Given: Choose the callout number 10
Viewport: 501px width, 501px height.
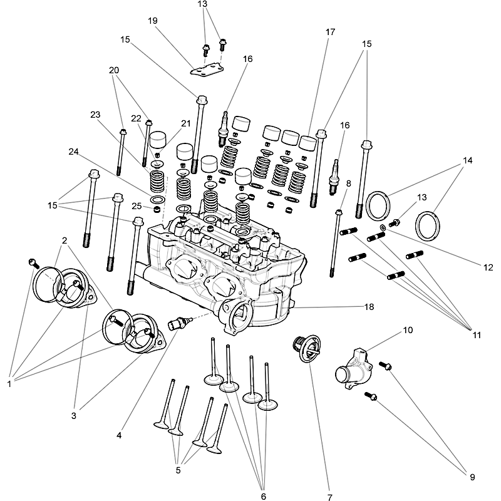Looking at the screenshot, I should [408, 329].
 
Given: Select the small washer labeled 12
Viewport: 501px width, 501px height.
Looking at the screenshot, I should [383, 225].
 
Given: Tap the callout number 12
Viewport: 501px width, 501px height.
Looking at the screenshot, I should [488, 267].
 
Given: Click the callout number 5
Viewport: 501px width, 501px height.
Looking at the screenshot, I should [178, 470].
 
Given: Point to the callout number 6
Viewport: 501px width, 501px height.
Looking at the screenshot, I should [263, 497].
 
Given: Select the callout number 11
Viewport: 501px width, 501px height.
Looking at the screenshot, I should [477, 336].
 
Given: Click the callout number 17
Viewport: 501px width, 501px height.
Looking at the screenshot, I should [331, 31].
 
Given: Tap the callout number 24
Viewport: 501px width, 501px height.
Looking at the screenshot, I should [75, 151].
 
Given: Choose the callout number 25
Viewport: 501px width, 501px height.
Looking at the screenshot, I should [137, 206].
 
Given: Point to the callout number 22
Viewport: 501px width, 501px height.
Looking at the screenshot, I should [136, 118].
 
